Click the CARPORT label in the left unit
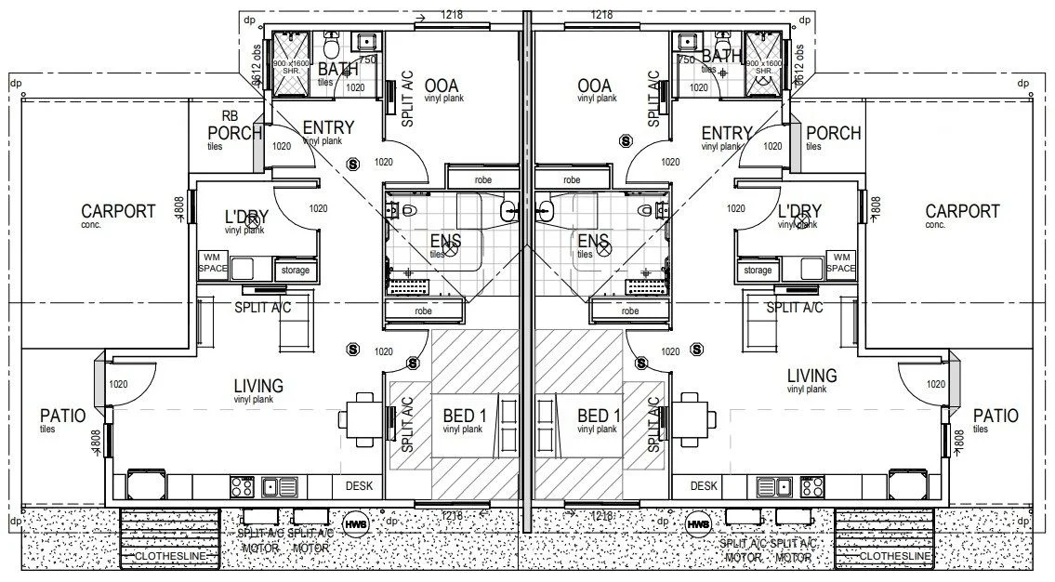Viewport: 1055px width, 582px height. click(x=118, y=211)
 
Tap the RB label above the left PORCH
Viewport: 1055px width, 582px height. click(x=231, y=116)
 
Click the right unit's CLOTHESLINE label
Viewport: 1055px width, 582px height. click(x=895, y=556)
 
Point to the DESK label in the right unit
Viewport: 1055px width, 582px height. click(x=704, y=485)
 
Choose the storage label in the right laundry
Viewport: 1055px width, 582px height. click(x=758, y=270)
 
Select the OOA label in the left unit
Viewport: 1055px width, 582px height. click(x=442, y=86)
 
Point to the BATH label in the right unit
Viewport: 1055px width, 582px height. click(x=722, y=57)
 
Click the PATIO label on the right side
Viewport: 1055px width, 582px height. click(x=996, y=416)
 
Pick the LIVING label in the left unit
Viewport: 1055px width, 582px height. click(x=258, y=386)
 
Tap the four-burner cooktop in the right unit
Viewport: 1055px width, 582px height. click(x=811, y=485)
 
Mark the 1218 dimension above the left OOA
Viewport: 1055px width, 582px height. click(x=454, y=14)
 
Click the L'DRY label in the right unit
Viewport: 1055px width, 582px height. click(x=799, y=211)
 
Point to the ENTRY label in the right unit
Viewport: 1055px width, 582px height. click(x=726, y=133)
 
